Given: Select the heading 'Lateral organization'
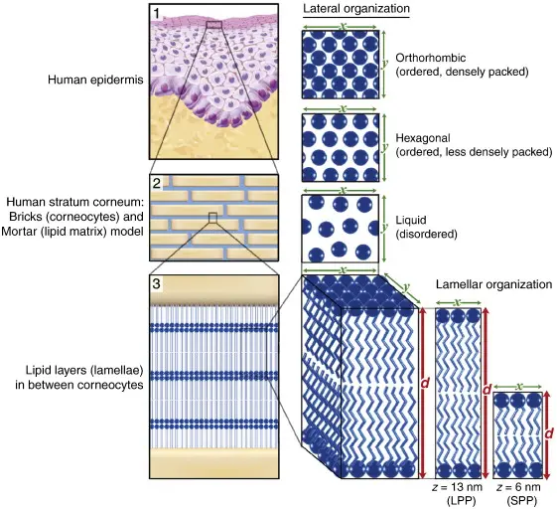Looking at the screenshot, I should click(x=354, y=10).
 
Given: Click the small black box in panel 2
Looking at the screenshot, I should click(x=210, y=217).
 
